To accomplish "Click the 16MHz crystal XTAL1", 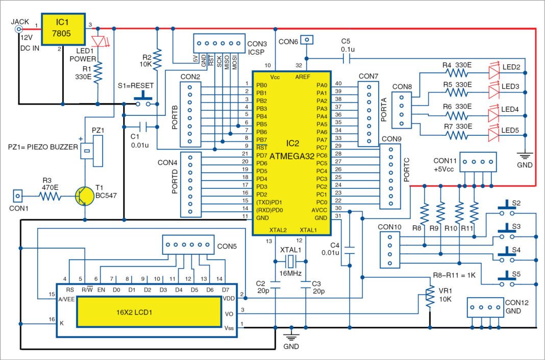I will coord(290,262).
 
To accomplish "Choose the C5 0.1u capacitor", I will coord(346,59).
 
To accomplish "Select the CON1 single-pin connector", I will coord(17,196).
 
